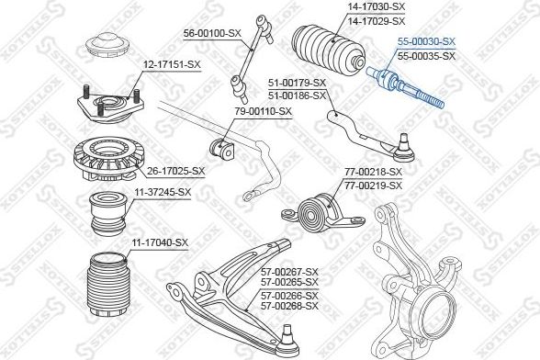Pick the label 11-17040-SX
(157, 242)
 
